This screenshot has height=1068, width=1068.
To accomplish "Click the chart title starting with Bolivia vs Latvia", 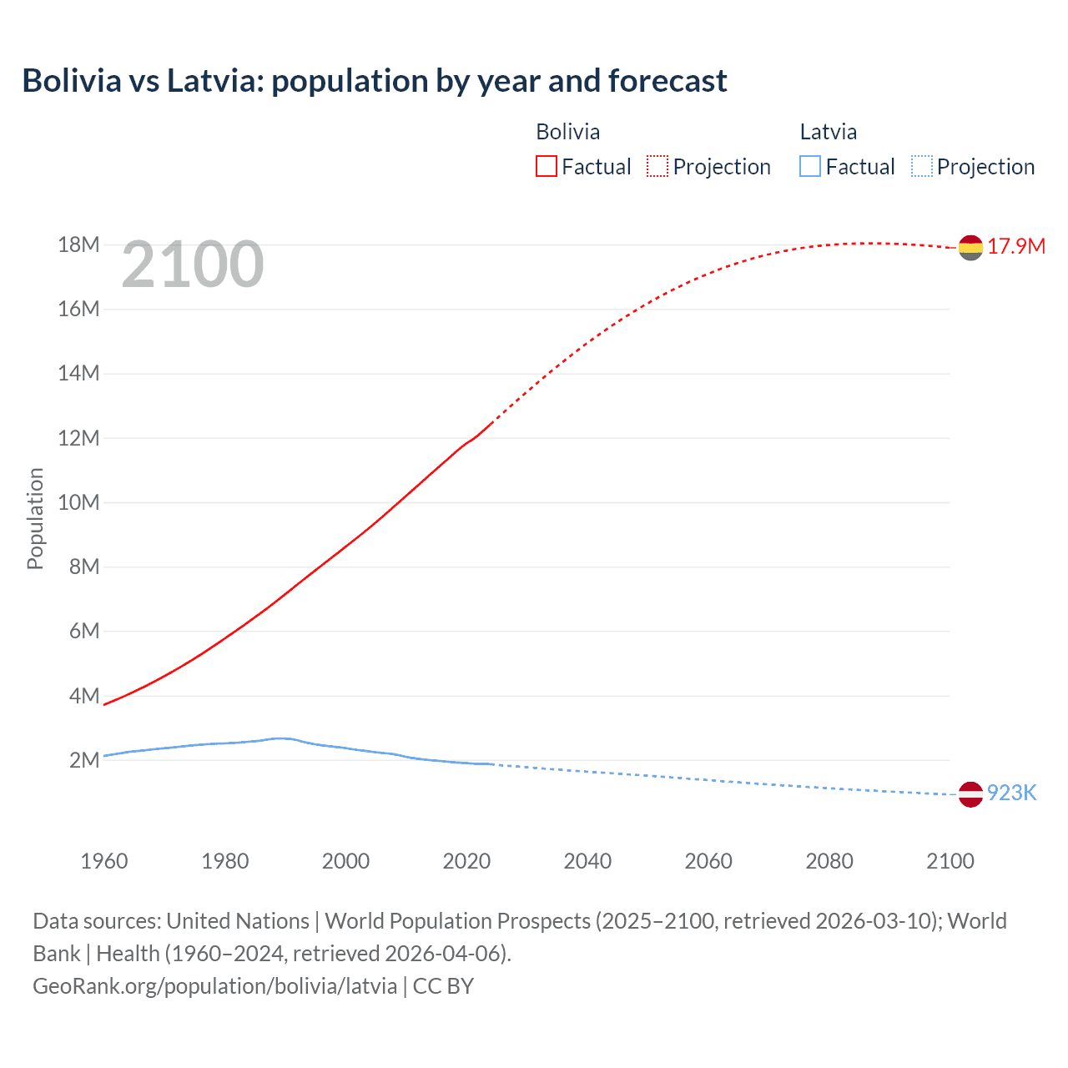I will [375, 81].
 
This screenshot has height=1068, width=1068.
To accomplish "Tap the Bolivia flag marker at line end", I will [970, 247].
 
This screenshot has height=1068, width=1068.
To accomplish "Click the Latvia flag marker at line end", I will [970, 793].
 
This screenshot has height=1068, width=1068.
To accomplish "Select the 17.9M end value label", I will [1016, 246].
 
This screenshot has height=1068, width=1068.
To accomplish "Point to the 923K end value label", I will [1011, 793].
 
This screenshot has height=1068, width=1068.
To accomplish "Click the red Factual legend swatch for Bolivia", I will [547, 167].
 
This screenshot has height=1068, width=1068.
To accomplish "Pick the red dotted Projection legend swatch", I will [657, 167].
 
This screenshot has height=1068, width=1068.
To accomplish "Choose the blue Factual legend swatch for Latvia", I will [810, 167].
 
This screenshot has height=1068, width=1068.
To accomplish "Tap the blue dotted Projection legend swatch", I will [922, 167].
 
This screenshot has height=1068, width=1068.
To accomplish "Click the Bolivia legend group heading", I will [567, 132].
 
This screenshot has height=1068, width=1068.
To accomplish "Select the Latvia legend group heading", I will [828, 132].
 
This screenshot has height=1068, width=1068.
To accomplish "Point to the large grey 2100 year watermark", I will [193, 264].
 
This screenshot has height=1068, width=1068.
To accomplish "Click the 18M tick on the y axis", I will [78, 244].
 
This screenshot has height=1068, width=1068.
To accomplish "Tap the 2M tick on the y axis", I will [84, 760].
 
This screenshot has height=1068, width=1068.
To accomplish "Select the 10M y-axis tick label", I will [78, 502].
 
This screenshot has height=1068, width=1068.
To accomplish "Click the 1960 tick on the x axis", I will [104, 861].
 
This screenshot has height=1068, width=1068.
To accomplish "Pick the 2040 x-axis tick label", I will [587, 861].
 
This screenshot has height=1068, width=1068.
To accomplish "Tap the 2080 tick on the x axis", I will [829, 861].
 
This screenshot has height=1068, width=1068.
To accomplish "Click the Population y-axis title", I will [35, 518].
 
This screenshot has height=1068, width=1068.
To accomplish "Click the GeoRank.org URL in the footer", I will [214, 986].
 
